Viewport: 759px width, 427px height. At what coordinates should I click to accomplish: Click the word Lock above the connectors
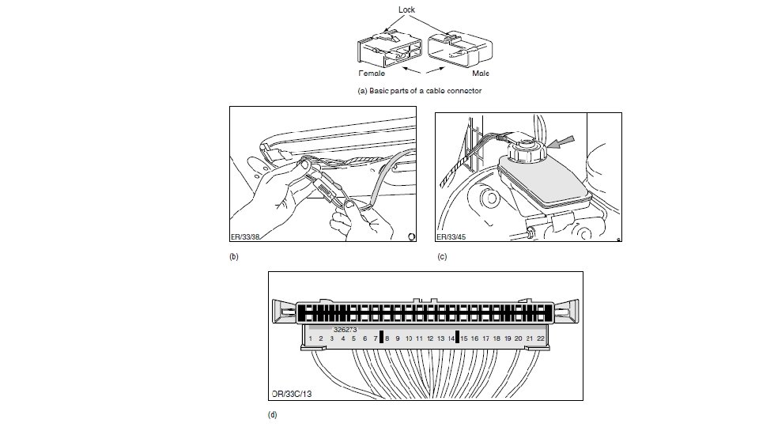tap(406, 10)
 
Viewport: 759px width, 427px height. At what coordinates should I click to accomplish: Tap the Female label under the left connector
tap(372, 73)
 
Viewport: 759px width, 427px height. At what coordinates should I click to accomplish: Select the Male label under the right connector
tap(481, 73)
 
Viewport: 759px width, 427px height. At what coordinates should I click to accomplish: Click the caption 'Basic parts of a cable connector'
tap(420, 91)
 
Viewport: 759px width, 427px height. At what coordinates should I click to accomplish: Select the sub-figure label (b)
tap(233, 257)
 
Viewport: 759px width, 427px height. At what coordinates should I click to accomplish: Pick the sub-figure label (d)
tap(274, 414)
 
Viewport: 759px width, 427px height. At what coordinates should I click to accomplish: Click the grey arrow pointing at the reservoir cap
tap(560, 143)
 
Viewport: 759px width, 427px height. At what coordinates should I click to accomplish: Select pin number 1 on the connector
tap(311, 338)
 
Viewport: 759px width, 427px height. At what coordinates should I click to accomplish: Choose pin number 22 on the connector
tap(541, 338)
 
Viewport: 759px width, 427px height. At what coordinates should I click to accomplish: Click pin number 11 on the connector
tap(419, 338)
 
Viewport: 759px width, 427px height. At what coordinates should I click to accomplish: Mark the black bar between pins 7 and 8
tap(381, 338)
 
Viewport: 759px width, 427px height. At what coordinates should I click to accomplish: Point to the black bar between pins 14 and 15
tap(458, 338)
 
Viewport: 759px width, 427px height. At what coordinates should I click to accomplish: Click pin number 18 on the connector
tap(497, 338)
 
